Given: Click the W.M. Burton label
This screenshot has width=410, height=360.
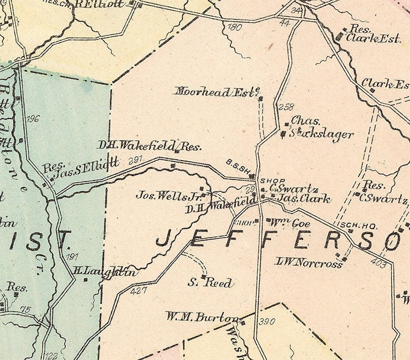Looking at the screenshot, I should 202,317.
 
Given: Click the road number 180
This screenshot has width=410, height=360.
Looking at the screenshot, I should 235,27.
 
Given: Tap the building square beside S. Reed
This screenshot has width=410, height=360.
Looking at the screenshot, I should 203,277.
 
